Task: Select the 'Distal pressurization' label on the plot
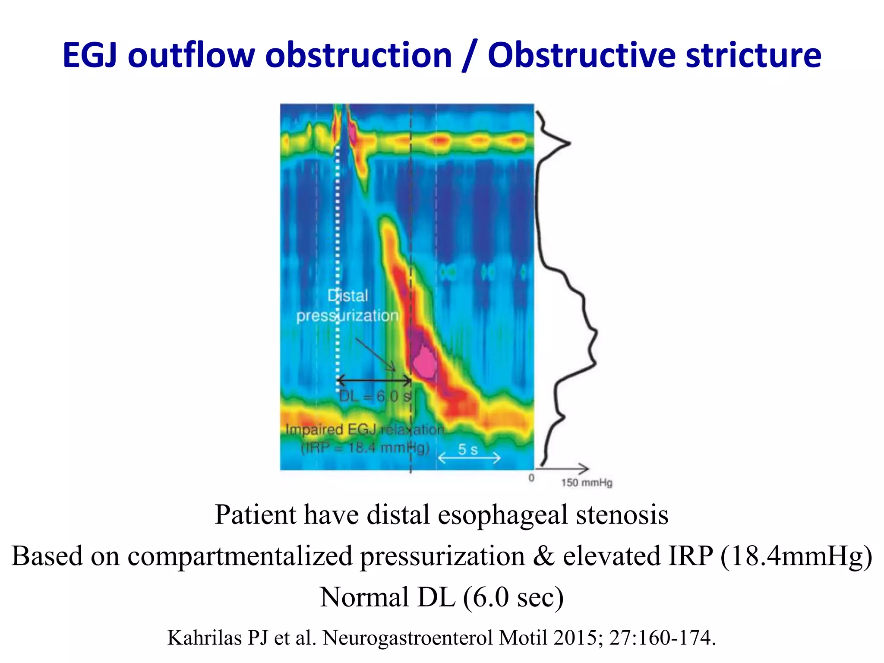[347, 306]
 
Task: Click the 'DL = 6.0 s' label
[375, 396]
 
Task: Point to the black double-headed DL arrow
[374, 380]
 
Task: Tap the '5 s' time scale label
[468, 449]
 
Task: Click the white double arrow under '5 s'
[469, 458]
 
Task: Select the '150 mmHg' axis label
[587, 483]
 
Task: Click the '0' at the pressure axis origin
[531, 478]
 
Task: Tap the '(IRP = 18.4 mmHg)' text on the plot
[365, 448]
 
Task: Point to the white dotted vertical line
[338, 259]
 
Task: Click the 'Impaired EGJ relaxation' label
[365, 429]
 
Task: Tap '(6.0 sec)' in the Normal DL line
[513, 597]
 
